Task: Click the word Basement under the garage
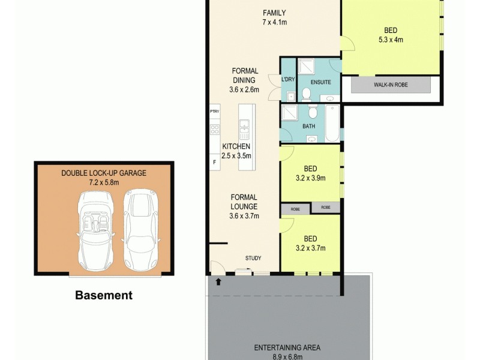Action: click(103, 295)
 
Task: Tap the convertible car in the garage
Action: click(94, 229)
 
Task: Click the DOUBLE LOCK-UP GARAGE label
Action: click(104, 173)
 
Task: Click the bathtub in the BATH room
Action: click(332, 122)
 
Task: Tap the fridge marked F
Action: click(214, 161)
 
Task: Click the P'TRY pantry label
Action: click(214, 112)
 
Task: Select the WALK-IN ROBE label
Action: click(391, 85)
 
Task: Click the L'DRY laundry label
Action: click(287, 79)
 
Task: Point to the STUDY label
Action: click(253, 259)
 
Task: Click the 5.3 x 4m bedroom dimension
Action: click(391, 40)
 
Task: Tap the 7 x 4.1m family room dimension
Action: click(274, 22)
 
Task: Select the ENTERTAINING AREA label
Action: click(287, 347)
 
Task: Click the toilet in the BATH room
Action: click(312, 112)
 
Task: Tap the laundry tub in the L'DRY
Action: click(290, 96)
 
